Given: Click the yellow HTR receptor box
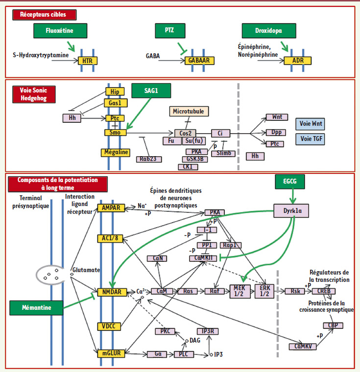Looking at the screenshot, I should tap(88, 61).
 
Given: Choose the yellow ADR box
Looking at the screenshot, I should tap(297, 61).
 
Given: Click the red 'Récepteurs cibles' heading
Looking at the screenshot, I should tap(43, 15).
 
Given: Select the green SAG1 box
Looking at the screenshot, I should tap(151, 91).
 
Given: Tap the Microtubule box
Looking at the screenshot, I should tap(188, 112).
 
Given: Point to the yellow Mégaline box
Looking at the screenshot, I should tap(116, 153).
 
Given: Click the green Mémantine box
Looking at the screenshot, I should tap(37, 307).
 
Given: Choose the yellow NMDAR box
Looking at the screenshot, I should tap(112, 292).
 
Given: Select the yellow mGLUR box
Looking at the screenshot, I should tap(112, 353).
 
